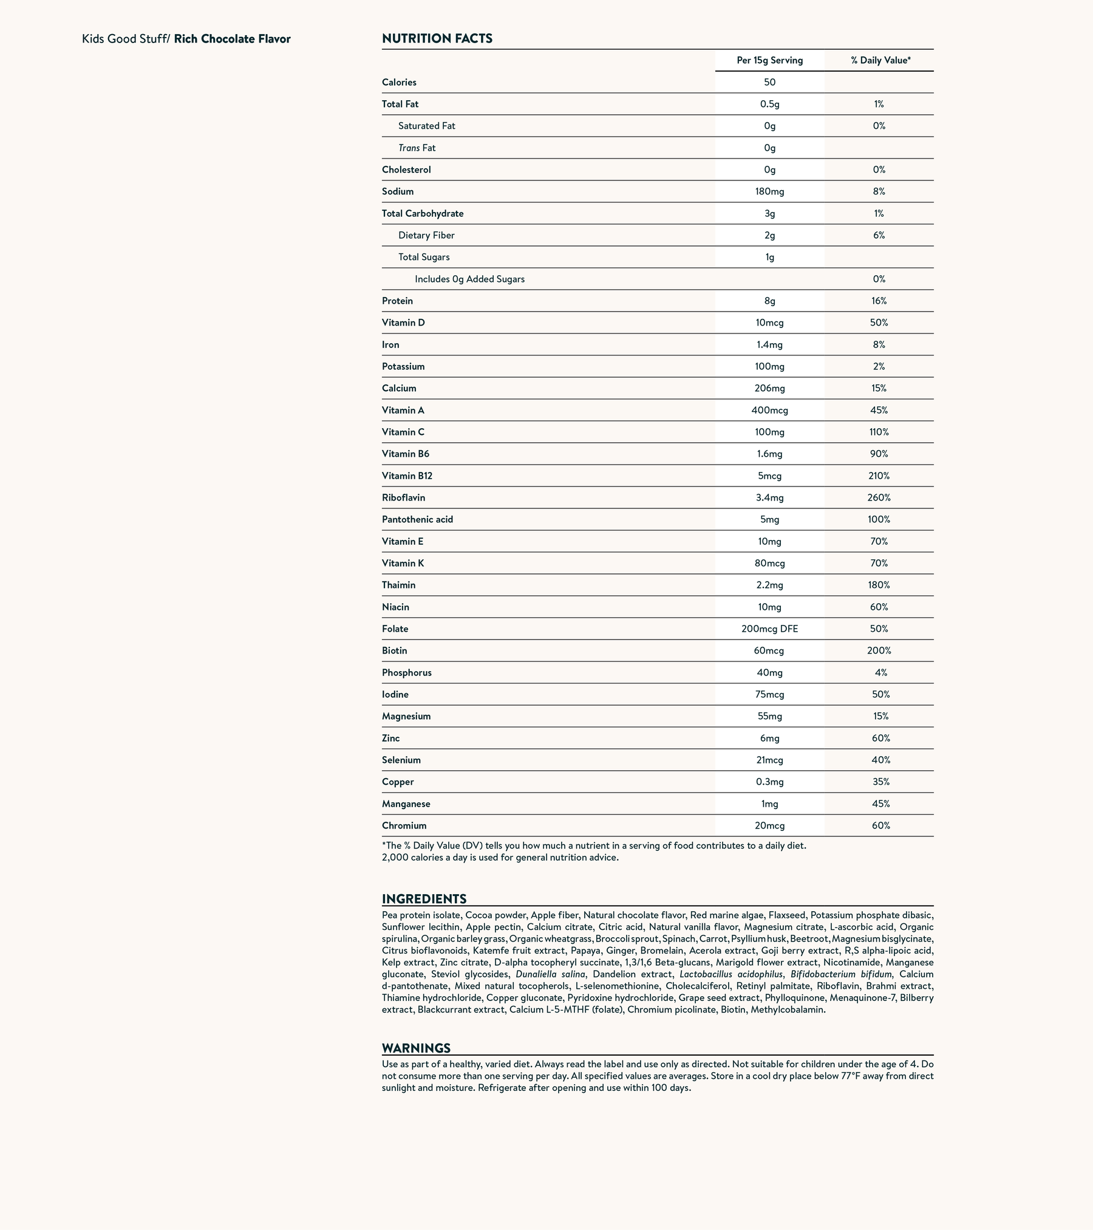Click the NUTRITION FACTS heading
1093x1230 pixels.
coord(437,39)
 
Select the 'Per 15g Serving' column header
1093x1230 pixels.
coord(769,60)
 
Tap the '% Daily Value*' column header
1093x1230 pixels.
coord(880,60)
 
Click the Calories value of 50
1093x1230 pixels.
coord(769,82)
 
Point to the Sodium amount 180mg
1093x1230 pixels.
coord(769,191)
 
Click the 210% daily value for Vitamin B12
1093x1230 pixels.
coord(879,476)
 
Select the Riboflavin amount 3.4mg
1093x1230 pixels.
coord(769,497)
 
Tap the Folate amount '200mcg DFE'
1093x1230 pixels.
coord(769,629)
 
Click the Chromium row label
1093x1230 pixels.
coord(404,825)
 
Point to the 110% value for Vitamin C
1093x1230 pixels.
coord(879,432)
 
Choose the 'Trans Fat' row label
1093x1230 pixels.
coord(417,148)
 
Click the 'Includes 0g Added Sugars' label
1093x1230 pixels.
coord(469,279)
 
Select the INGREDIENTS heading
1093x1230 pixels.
coord(424,899)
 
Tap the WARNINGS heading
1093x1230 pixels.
coord(416,1048)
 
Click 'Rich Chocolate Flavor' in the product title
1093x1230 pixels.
coord(232,39)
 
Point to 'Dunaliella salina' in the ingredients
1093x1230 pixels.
coord(550,974)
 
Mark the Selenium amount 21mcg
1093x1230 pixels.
coord(769,760)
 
